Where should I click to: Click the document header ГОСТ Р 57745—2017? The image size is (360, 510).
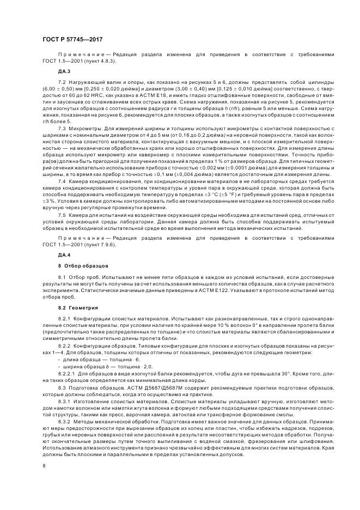pos(72,39)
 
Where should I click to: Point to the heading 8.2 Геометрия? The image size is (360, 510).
pos(78,308)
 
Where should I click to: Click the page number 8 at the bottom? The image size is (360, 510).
pos(44,466)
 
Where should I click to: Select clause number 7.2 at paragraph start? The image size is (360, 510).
pos(62,81)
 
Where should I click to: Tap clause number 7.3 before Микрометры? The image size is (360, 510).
pos(62,126)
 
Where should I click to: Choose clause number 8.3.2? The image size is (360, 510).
pos(64,421)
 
